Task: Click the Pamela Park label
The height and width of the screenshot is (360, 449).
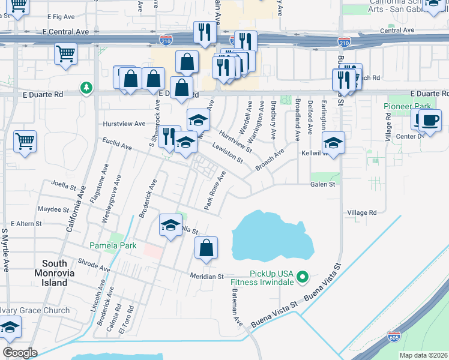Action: (x=113, y=245)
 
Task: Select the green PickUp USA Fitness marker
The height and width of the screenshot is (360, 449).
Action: (x=303, y=277)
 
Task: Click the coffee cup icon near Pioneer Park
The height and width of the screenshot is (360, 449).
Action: (x=429, y=120)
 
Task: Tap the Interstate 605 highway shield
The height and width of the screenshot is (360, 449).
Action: (x=394, y=337)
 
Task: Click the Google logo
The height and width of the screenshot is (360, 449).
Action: (x=20, y=353)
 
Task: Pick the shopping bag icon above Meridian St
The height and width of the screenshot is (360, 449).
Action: (x=206, y=248)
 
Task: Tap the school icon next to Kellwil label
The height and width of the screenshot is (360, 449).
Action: (x=333, y=143)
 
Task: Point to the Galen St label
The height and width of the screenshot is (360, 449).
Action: (x=322, y=185)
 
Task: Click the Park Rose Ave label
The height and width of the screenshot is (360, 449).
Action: (x=214, y=191)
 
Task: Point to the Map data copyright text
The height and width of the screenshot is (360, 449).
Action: (x=423, y=355)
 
